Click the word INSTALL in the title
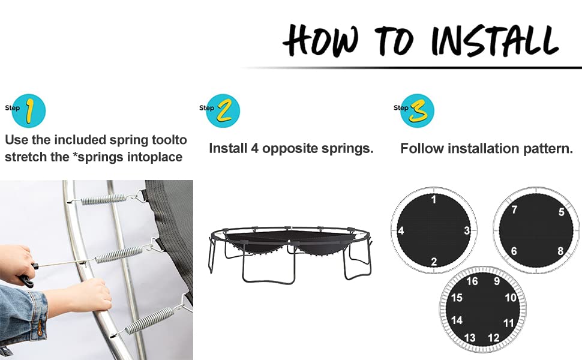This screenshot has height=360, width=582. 496,40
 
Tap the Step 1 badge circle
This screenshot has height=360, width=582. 29,110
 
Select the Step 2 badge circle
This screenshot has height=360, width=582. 223,110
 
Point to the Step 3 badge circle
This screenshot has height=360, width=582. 418,110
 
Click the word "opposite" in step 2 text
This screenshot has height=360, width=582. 290,148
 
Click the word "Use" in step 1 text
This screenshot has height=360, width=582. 16,140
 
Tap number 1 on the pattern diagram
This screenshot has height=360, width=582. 434,199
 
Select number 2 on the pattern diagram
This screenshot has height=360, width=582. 434,262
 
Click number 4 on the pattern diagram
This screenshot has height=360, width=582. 401,231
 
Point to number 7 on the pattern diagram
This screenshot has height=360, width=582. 514,209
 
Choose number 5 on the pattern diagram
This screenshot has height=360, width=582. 561,212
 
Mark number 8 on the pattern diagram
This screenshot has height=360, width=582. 560,251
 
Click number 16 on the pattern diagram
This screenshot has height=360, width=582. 472,281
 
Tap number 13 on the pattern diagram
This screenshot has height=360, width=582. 470,338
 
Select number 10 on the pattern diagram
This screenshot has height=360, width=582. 511,298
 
